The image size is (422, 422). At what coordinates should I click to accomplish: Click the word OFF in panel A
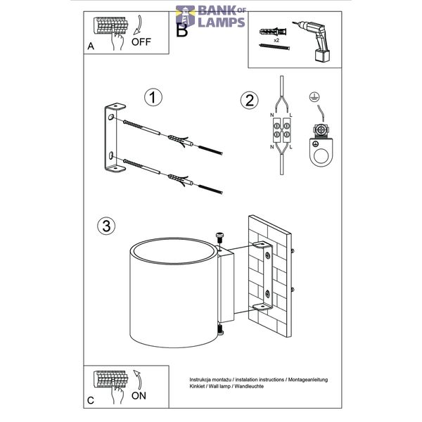pyautogui.click(x=141, y=42)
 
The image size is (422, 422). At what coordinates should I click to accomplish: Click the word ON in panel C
pyautogui.click(x=139, y=395)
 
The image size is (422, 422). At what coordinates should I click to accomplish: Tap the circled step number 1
pyautogui.click(x=153, y=97)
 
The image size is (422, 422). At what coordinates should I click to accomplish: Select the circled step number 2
pyautogui.click(x=249, y=101)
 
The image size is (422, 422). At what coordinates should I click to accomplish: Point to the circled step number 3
pyautogui.click(x=106, y=226)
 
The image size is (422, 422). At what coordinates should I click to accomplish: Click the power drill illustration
pyautogui.click(x=314, y=41)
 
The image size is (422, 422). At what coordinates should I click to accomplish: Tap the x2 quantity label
pyautogui.click(x=276, y=41)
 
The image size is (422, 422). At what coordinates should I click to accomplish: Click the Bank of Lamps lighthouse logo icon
pyautogui.click(x=185, y=16)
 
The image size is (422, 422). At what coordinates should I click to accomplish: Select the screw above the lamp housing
pyautogui.click(x=219, y=238)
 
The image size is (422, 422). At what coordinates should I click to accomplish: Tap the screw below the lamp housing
pyautogui.click(x=221, y=329)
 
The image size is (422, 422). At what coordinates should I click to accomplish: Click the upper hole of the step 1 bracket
pyautogui.click(x=110, y=117)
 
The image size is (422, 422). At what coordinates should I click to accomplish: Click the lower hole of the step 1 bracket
pyautogui.click(x=110, y=155)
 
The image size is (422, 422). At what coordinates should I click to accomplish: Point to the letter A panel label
pyautogui.click(x=91, y=46)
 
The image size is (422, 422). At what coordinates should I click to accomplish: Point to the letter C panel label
pyautogui.click(x=91, y=400)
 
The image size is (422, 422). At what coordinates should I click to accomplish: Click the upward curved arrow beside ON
pyautogui.click(x=139, y=380)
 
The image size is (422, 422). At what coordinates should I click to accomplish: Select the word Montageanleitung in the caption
pyautogui.click(x=308, y=380)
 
